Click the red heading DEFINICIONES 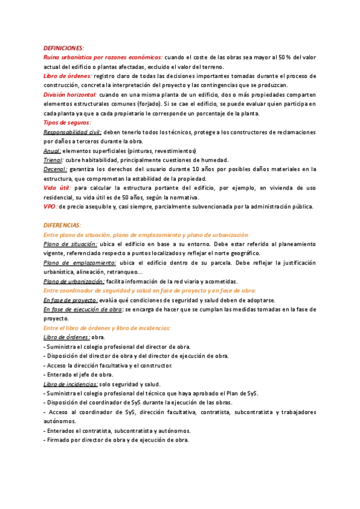pyautogui.click(x=64, y=47)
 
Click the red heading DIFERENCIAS pyautogui.click(x=62, y=225)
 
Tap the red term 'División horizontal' pyautogui.click(x=70, y=95)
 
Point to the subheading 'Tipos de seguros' pyautogui.click(x=67, y=122)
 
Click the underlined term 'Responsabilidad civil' pyautogui.click(x=73, y=132)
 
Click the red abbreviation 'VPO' pyautogui.click(x=50, y=206)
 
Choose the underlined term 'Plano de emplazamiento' pyautogui.click(x=80, y=262)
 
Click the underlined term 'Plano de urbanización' pyautogui.click(x=74, y=281)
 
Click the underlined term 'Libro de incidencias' pyautogui.click(x=71, y=384)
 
